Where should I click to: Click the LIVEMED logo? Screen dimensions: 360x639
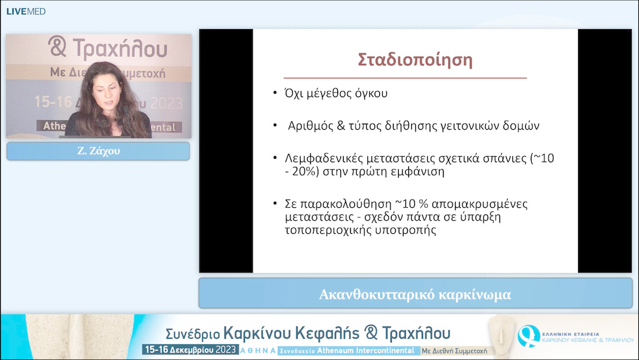25,11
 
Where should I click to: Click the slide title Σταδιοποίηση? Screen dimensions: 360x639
415,60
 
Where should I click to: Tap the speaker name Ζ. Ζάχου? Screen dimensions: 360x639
98,152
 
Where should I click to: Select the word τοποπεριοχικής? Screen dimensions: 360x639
324,231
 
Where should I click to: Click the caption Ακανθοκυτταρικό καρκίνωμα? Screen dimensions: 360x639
415,294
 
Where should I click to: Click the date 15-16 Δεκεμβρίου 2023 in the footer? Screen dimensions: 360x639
190,350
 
